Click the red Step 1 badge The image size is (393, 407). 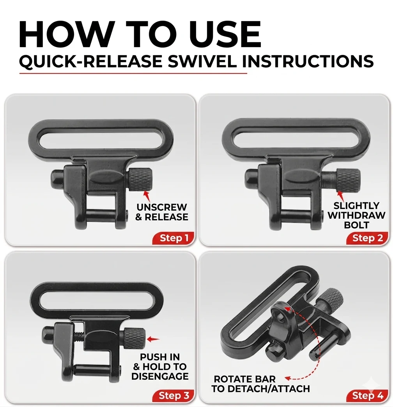pos(173,238)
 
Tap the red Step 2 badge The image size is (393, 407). pos(367,238)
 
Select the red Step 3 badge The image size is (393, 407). pos(173,396)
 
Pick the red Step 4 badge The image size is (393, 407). pos(367,396)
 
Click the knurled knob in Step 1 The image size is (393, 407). pos(140,179)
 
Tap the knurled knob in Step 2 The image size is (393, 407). pos(349,180)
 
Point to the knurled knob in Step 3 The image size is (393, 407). pos(134,338)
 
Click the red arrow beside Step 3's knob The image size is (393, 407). pos(153,339)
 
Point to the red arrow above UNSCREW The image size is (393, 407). pos(147,196)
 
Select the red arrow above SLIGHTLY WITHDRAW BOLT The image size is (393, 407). pos(340,196)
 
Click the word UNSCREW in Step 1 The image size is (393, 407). pos(161,207)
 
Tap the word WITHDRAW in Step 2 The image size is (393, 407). pos(356,215)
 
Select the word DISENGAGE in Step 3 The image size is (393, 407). pos(160,376)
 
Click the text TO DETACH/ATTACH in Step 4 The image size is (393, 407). pos(260,389)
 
